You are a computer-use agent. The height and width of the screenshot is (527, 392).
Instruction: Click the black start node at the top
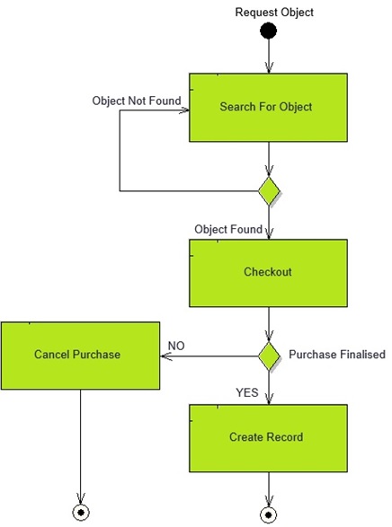268,32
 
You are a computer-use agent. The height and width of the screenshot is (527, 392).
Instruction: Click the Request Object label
274,12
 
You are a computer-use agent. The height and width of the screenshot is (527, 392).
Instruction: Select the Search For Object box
267,107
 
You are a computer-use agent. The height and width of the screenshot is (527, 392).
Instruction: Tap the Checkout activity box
267,272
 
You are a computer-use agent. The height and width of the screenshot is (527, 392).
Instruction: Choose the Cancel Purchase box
79,354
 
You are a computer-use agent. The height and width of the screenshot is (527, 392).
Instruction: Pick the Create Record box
267,437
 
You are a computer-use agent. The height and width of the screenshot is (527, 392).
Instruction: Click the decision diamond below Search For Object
269,191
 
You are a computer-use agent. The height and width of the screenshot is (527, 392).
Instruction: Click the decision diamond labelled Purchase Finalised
269,355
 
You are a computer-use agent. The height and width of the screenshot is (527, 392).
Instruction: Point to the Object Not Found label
137,101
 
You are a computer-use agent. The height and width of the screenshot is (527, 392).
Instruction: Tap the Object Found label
228,230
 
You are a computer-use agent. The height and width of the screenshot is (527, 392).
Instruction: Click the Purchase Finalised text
336,355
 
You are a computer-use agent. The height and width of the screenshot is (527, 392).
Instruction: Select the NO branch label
177,345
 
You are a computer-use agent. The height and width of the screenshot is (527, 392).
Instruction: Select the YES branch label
247,392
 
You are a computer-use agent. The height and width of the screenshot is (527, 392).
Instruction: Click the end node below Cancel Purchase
82,513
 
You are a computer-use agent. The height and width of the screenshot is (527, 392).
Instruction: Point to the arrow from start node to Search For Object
268,57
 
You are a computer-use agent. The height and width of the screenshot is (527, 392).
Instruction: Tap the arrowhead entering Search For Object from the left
183,111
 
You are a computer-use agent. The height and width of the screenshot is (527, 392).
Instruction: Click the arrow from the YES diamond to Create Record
269,386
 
